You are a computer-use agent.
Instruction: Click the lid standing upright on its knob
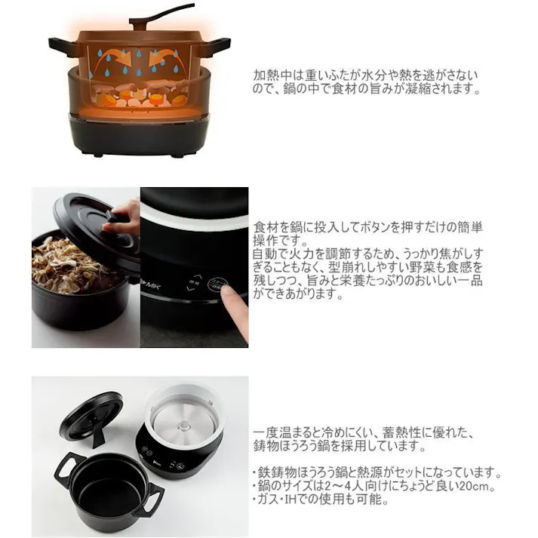pos(91,416)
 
